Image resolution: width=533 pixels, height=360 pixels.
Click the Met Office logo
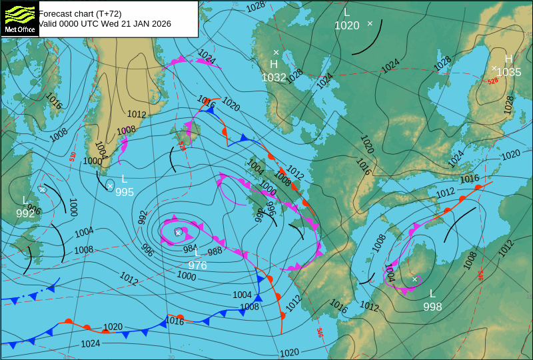coord(19,18)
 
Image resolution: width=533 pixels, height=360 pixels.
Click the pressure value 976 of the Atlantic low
coord(197,265)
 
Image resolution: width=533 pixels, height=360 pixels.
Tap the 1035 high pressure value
coord(509,72)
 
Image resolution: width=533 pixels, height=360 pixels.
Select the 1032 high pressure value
coord(274,77)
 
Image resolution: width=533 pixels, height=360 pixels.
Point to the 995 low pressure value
coord(125,192)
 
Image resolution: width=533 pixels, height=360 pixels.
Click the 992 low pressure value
coord(25,213)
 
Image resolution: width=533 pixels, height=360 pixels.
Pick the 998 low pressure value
coord(432,307)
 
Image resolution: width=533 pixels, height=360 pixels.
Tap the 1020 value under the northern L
coord(346,25)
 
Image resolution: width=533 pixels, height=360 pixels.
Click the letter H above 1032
coord(274,65)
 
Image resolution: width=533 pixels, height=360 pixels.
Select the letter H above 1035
coord(508,59)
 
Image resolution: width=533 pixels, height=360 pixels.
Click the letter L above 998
coord(432,293)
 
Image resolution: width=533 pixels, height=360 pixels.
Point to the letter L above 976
coord(197,252)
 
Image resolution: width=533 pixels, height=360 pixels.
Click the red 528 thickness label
coord(492,81)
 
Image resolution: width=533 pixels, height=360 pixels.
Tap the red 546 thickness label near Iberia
coord(320,331)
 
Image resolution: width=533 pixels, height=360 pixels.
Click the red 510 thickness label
coord(73,157)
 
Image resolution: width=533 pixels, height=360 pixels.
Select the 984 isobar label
coord(190,249)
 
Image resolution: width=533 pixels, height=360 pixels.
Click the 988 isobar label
coord(215,251)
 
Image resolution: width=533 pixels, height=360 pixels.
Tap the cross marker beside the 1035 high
coord(494,68)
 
